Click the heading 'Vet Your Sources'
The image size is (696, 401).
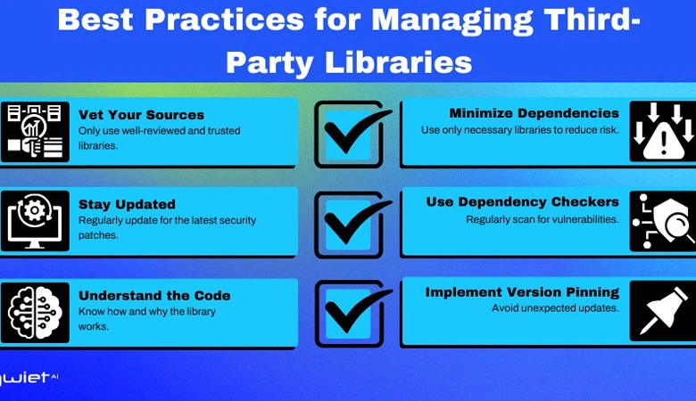(x=141, y=115)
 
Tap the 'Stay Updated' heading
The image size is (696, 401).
(x=127, y=204)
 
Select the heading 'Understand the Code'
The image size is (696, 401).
(x=154, y=296)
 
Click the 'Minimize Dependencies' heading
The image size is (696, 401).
(x=534, y=113)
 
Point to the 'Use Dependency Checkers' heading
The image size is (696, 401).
(x=522, y=202)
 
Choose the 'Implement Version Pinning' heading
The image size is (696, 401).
(x=522, y=292)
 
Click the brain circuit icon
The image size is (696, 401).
(x=35, y=313)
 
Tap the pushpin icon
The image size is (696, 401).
(x=663, y=311)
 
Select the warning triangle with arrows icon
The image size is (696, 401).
(x=663, y=132)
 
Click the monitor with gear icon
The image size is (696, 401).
(x=35, y=221)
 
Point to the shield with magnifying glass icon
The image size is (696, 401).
(x=663, y=221)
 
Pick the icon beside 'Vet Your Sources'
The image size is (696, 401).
(x=35, y=132)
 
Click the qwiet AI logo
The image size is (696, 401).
(x=28, y=378)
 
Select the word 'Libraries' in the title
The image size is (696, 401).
(x=399, y=62)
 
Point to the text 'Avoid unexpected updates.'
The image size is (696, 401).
(x=555, y=308)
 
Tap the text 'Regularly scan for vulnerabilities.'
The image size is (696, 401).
(x=542, y=219)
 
